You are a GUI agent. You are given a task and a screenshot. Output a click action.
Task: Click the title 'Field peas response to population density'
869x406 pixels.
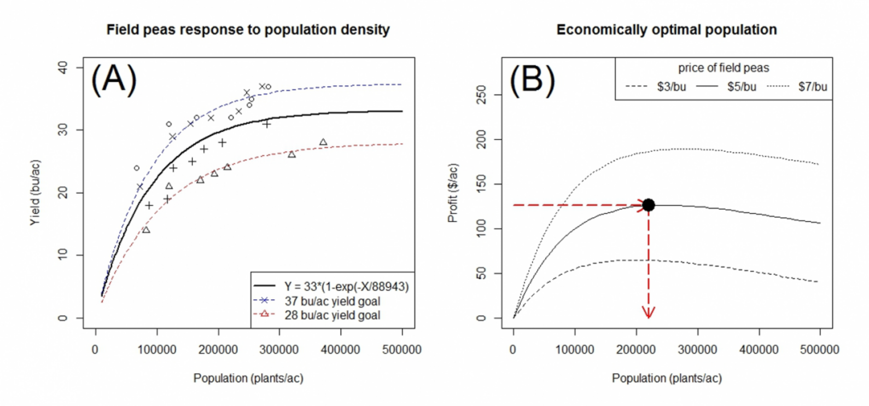[x=248, y=30]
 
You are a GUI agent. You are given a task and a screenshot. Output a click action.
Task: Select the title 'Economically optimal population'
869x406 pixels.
[x=666, y=30]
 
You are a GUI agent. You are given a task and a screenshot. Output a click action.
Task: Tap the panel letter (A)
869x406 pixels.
[x=114, y=79]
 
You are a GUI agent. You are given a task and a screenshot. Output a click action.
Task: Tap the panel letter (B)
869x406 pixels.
[x=532, y=79]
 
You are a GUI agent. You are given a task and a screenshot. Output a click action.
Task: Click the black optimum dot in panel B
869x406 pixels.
[x=649, y=205]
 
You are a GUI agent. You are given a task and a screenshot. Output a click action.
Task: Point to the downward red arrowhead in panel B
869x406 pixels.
[x=649, y=313]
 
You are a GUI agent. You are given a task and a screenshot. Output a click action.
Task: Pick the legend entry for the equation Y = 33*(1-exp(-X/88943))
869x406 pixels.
[x=346, y=287]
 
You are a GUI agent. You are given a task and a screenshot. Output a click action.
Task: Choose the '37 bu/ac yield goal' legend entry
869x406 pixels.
[x=332, y=301]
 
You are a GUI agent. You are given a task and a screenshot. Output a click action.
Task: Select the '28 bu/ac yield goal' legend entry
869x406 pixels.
[x=332, y=315]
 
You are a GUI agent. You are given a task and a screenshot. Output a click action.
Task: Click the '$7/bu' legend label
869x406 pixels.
[x=812, y=87]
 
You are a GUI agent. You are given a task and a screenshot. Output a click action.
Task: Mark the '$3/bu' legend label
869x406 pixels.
[x=671, y=87]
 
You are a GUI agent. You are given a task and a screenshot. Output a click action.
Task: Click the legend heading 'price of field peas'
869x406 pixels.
[x=723, y=68]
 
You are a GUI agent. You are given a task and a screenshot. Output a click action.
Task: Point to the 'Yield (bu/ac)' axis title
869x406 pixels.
[x=35, y=193]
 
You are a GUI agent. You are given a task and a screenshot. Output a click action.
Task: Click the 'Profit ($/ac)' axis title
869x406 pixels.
[x=453, y=193]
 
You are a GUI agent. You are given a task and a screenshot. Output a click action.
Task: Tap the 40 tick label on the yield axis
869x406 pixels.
[x=63, y=68]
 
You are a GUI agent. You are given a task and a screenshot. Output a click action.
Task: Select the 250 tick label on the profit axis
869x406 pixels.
[x=481, y=95]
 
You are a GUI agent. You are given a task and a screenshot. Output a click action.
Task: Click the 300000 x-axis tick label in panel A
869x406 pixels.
[x=279, y=350]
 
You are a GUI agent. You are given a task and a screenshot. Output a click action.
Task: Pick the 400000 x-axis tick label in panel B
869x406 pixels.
[x=759, y=350]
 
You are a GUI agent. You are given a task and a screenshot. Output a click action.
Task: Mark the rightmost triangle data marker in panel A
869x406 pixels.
[x=323, y=142]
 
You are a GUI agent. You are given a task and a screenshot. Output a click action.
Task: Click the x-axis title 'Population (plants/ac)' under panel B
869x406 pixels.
[x=667, y=378]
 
